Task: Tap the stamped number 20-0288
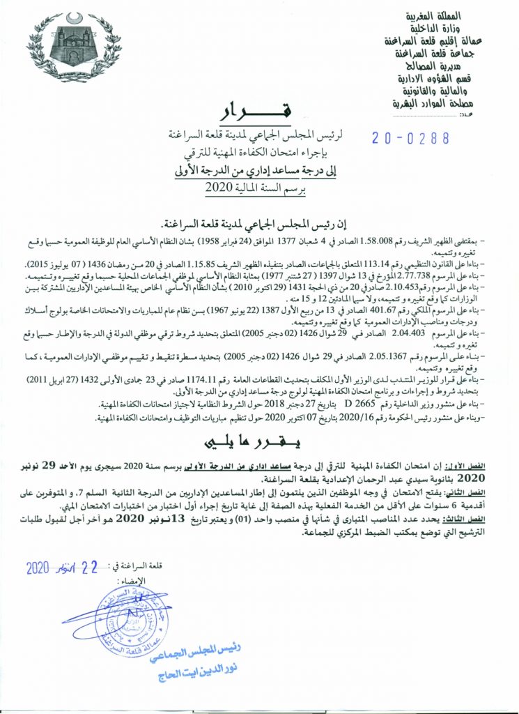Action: pyautogui.click(x=410, y=137)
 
